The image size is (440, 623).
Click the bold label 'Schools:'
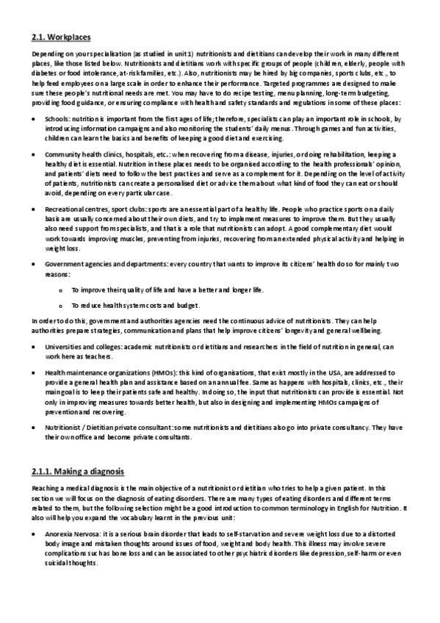pyautogui.click(x=57, y=118)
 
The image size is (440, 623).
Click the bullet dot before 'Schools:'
pyautogui.click(x=35, y=118)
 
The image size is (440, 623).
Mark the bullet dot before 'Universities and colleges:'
pyautogui.click(x=35, y=346)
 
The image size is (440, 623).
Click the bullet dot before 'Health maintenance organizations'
pyautogui.click(x=35, y=373)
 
